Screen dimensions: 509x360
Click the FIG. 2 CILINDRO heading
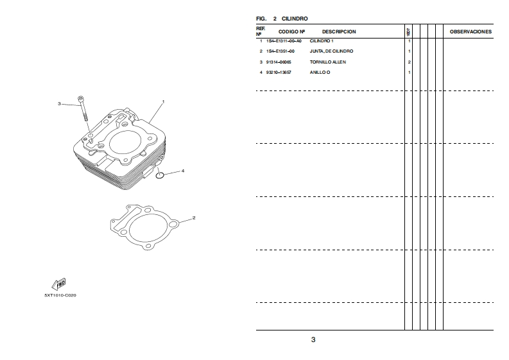tap(282, 19)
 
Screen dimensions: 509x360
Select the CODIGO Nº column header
tap(291, 31)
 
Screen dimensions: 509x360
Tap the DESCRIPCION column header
tap(339, 31)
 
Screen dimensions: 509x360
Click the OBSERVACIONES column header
tap(470, 31)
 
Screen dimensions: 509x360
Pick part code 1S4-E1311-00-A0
tap(284, 41)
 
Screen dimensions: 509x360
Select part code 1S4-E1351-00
tap(280, 51)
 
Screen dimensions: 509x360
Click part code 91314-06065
tap(279, 62)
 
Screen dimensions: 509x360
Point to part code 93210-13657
tap(279, 73)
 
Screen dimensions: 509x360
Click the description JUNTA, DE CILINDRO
tap(331, 51)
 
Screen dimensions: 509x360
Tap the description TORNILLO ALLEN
tap(328, 62)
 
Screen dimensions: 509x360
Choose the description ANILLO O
tap(320, 73)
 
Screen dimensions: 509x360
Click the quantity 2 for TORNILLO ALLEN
tap(409, 62)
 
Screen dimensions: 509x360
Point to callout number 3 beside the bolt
tap(59, 103)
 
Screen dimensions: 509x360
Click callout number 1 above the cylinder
tap(163, 101)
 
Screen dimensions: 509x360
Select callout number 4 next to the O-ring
tap(183, 171)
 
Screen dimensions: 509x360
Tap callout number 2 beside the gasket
tap(194, 218)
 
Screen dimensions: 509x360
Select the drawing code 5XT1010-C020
tap(60, 296)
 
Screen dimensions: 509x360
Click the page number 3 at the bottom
tap(313, 339)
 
